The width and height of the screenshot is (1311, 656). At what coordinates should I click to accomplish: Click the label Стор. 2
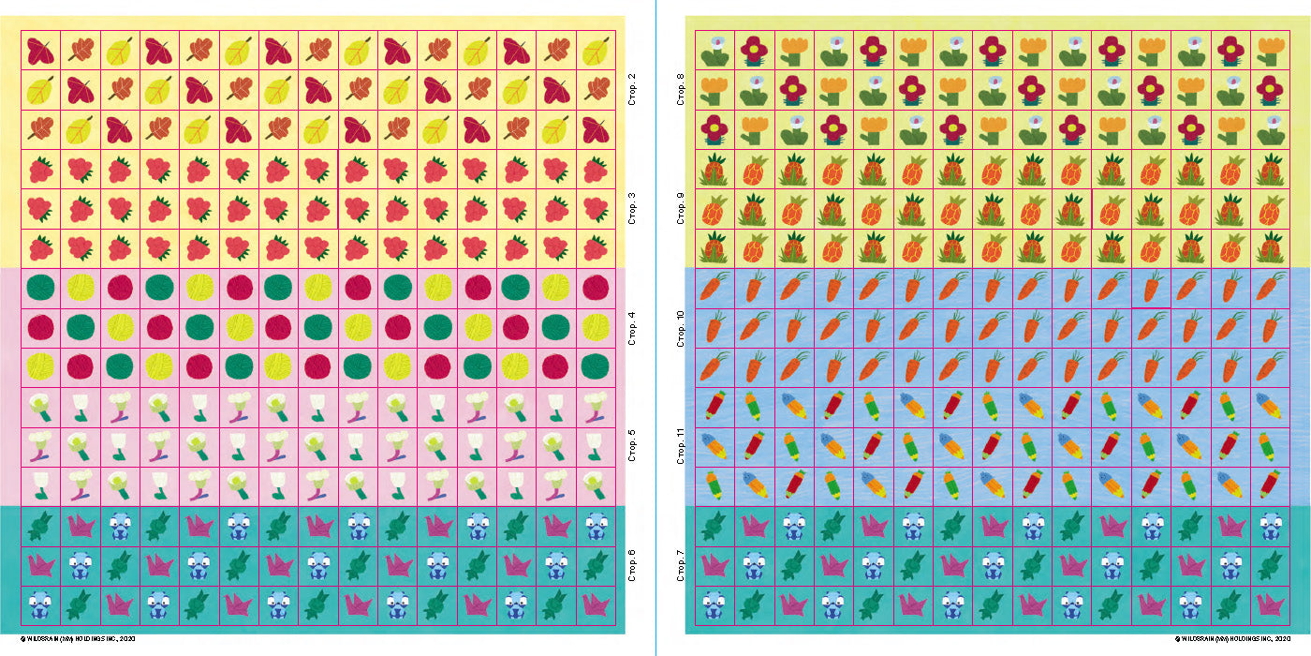point(632,89)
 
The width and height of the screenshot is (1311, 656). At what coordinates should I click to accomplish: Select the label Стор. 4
point(632,327)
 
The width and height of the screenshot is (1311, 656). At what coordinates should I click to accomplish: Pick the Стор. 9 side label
point(681,209)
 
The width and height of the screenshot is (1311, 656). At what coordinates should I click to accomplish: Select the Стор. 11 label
point(681,446)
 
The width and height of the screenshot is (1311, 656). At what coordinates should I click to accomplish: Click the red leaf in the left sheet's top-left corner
point(41,51)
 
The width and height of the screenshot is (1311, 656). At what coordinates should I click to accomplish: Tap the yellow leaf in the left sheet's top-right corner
point(596,52)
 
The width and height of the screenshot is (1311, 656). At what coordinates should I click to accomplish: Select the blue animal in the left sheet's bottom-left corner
point(41,604)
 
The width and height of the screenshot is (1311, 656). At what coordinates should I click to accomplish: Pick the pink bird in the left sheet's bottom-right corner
point(596,604)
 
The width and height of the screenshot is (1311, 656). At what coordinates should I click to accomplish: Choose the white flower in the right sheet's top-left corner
point(716,50)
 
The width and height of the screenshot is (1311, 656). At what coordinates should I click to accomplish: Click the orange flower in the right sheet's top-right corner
point(1271,50)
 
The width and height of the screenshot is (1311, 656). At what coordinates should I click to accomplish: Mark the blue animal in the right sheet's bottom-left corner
point(716,604)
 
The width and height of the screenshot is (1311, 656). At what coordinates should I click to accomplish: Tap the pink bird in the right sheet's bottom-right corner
point(1271,604)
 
